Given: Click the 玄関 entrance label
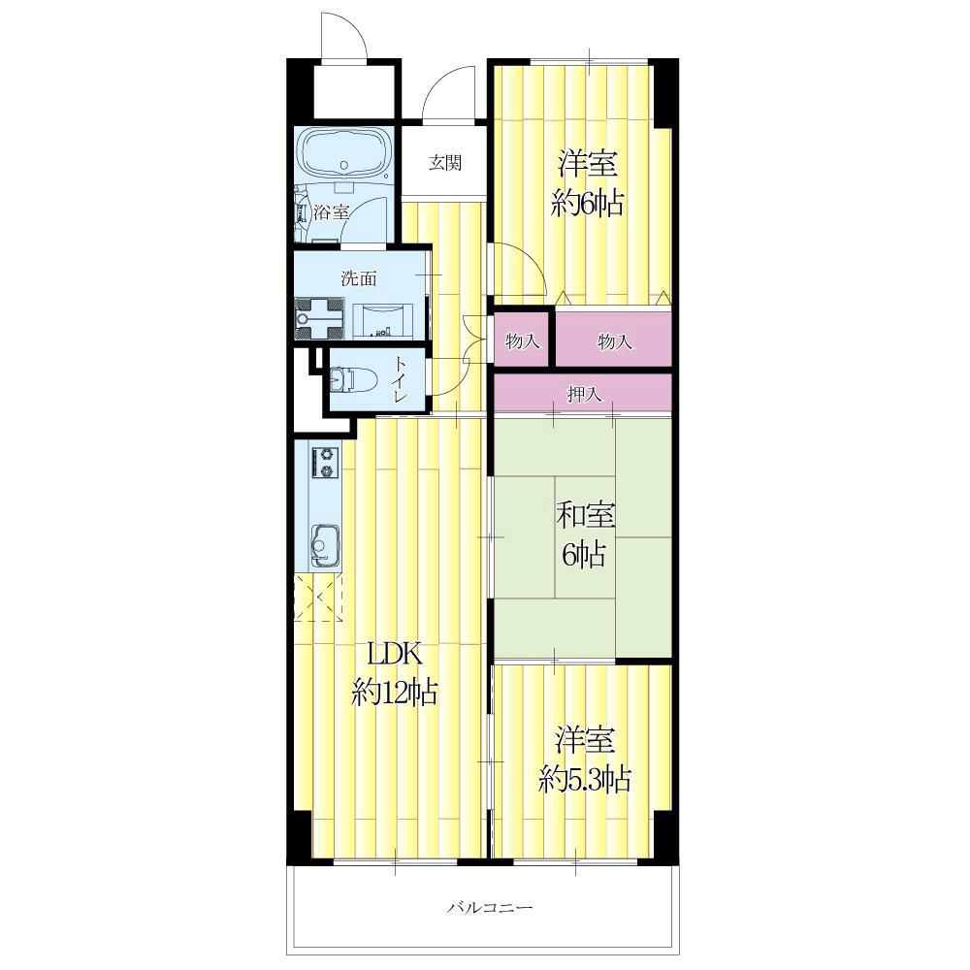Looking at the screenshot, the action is tap(445, 163).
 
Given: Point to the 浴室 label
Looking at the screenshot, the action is tap(332, 213).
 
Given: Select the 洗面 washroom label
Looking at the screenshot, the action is tap(359, 279).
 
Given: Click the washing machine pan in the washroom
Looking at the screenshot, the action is tap(320, 318).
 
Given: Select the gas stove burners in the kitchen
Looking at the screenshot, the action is tap(325, 462).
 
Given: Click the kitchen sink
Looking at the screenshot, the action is tap(325, 546).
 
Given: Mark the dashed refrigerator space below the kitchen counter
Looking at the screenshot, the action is tap(318, 597).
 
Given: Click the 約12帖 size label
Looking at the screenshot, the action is tap(395, 693).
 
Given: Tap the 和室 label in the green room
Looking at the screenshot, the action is tap(585, 517).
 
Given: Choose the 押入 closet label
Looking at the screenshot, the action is tap(585, 394).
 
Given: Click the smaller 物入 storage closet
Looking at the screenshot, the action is tap(522, 339).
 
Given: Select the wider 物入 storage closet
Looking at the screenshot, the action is tap(614, 339).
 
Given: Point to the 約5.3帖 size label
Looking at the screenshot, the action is tap(585, 780).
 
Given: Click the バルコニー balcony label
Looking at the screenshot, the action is tap(490, 908).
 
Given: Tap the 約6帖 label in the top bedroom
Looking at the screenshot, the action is tap(587, 204).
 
